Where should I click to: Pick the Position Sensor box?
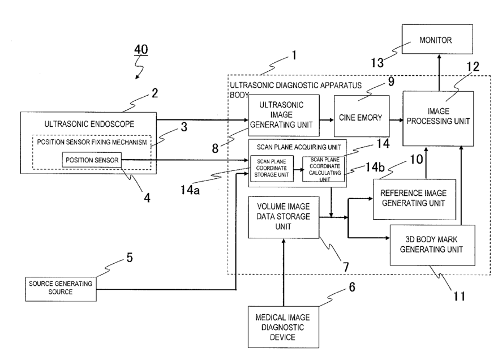[x=91, y=161]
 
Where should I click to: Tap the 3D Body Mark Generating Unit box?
[x=432, y=245]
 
